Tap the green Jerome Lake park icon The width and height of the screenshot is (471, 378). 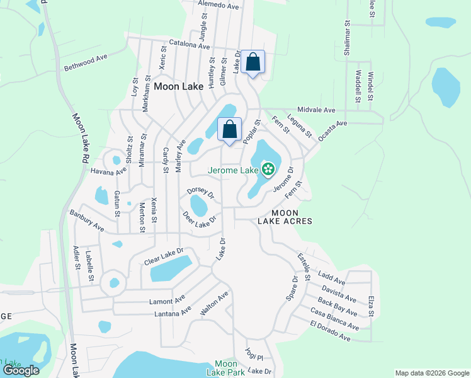(268, 168)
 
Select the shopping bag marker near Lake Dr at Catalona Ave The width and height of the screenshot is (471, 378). (253, 62)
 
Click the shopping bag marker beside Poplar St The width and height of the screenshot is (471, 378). (230, 129)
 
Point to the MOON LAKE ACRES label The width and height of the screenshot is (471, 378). (285, 217)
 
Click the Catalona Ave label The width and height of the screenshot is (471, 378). (184, 46)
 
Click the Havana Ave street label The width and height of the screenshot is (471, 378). (108, 171)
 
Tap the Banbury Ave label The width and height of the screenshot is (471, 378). (86, 221)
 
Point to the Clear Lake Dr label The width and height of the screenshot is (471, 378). (163, 255)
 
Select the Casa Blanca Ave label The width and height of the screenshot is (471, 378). (334, 318)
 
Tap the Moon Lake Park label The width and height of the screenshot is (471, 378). (225, 368)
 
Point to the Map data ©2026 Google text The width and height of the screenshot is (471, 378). (431, 373)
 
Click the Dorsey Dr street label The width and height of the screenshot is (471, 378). (201, 192)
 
